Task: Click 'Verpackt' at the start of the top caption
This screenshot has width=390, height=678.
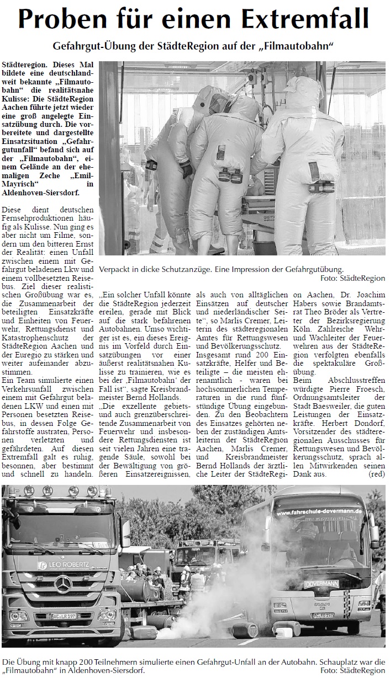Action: click(x=118, y=270)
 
